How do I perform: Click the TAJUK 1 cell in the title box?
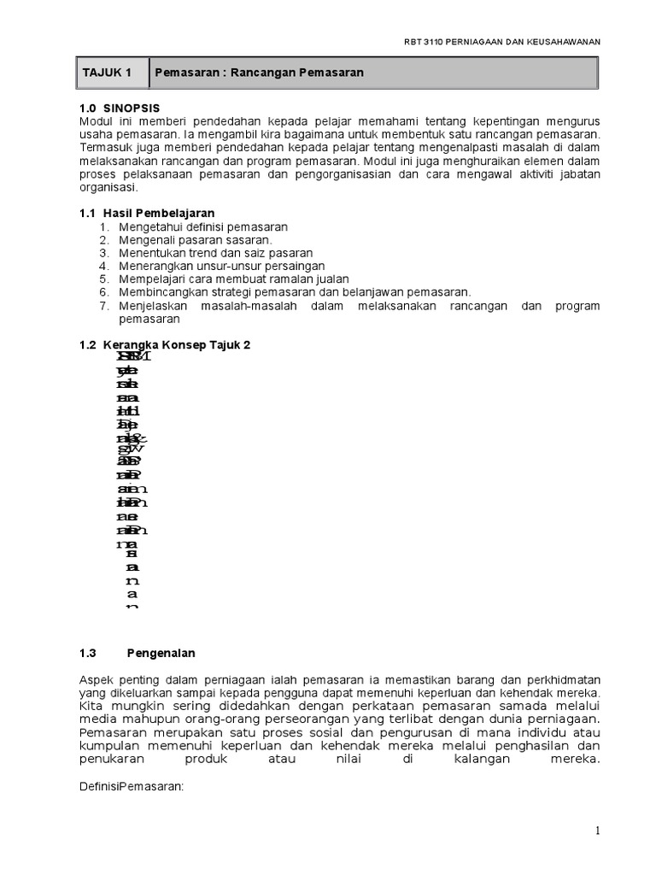pyautogui.click(x=107, y=73)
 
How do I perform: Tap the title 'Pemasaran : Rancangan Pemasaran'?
pyautogui.click(x=260, y=73)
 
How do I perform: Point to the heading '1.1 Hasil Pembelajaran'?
pyautogui.click(x=146, y=212)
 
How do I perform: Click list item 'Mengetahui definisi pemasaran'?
pyautogui.click(x=203, y=226)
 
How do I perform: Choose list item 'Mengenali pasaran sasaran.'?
pyautogui.click(x=196, y=240)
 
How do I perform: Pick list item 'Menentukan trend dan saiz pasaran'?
pyautogui.click(x=216, y=253)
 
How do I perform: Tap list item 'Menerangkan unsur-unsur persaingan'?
pyautogui.click(x=222, y=266)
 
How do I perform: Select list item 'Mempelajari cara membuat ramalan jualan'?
pyautogui.click(x=233, y=279)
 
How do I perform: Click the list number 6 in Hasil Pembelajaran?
pyautogui.click(x=104, y=292)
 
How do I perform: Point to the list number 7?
pyautogui.click(x=104, y=305)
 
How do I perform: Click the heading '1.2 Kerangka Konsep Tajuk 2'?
pyautogui.click(x=164, y=344)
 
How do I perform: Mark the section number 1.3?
pyautogui.click(x=87, y=654)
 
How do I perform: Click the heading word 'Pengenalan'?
pyautogui.click(x=161, y=654)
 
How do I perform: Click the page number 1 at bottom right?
pyautogui.click(x=599, y=831)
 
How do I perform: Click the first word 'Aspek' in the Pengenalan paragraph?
pyautogui.click(x=95, y=678)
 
